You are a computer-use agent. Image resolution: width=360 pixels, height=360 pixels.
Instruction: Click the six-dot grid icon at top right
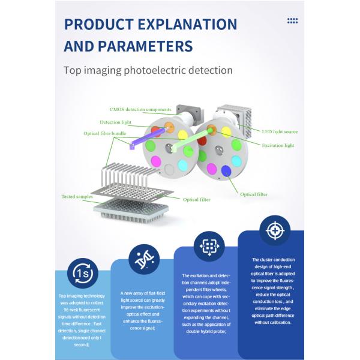coord(292,21)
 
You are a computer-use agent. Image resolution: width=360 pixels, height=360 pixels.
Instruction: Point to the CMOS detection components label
coord(140,110)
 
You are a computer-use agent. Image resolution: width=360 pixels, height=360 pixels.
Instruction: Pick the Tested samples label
coord(77,196)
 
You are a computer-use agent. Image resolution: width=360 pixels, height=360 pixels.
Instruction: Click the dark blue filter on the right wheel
coord(226,172)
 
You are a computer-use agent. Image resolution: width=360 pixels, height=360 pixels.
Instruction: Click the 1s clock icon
coord(82,273)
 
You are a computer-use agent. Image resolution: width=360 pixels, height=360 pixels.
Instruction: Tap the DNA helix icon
coord(145,260)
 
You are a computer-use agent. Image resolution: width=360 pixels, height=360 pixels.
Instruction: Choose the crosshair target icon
coord(274,230)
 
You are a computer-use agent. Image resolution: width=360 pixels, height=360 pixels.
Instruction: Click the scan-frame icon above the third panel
coord(208,245)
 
